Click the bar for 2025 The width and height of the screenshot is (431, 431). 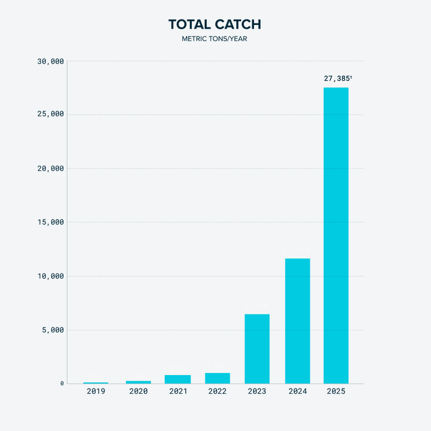[x=336, y=235]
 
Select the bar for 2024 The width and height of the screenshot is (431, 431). [x=297, y=321]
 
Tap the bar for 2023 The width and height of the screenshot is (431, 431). [x=257, y=349]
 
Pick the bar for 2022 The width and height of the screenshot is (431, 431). [x=218, y=378]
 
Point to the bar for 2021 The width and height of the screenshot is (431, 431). [x=178, y=379]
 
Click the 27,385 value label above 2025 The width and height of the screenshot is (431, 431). [x=338, y=79]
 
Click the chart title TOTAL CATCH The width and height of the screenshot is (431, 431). [x=215, y=25]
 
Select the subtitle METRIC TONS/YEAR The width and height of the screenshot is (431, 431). [x=215, y=39]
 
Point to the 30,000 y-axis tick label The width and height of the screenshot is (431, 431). [x=50, y=61]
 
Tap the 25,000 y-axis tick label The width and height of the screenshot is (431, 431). [x=50, y=114]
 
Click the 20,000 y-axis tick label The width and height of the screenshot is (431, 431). [x=50, y=168]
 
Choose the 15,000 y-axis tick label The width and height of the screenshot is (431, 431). [x=50, y=222]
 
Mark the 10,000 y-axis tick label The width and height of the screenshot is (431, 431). [x=50, y=276]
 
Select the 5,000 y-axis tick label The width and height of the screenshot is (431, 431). [x=53, y=330]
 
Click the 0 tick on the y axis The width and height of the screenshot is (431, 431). [x=62, y=384]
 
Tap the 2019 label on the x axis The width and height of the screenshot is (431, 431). [x=96, y=391]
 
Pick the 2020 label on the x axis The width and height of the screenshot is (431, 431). [x=138, y=391]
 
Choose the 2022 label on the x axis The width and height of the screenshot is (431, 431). [x=218, y=391]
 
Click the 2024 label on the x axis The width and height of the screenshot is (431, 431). [x=297, y=391]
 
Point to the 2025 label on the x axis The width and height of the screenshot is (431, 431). [x=336, y=391]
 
